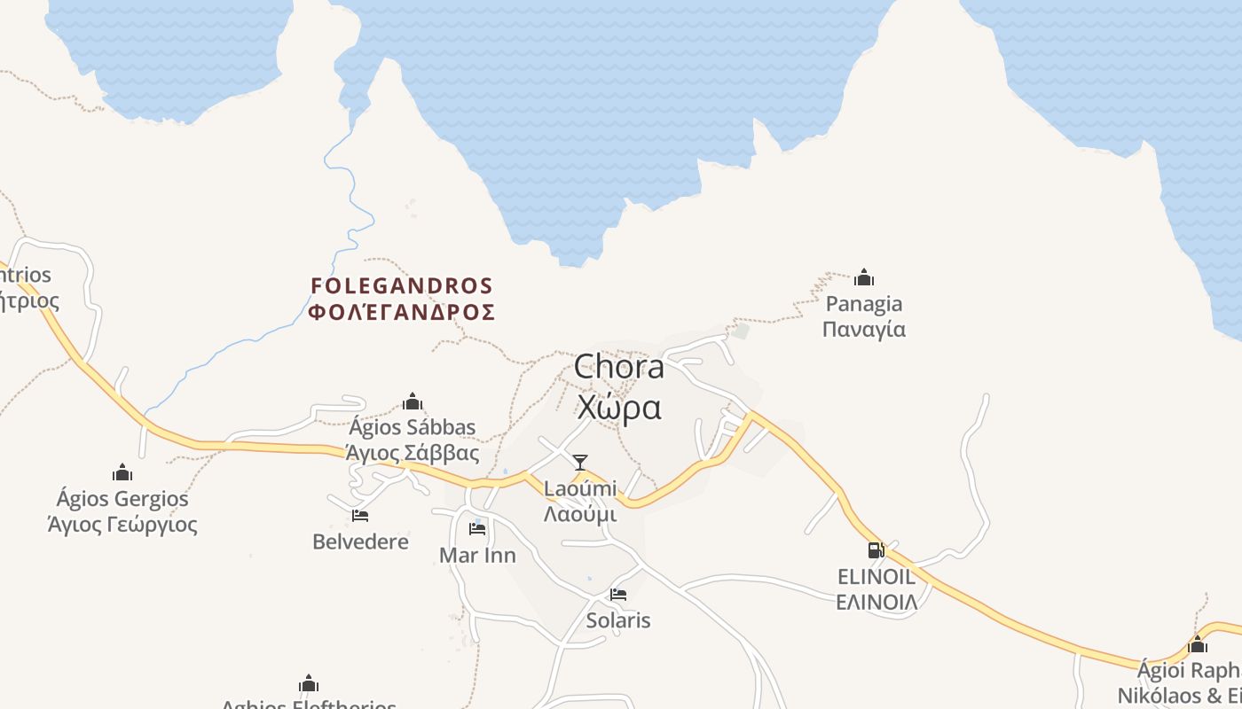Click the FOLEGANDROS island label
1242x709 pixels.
401,286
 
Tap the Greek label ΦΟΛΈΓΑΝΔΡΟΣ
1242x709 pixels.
401,313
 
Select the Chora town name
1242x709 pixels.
618,367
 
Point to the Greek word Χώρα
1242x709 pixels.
618,408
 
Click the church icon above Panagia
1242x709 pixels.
864,278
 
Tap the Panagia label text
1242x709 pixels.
864,304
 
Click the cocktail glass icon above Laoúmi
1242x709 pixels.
580,462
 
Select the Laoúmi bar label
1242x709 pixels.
580,488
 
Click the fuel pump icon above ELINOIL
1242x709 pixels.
876,550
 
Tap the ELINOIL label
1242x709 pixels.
876,577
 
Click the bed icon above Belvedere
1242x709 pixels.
360,515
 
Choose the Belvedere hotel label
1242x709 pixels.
360,541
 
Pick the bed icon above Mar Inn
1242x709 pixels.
477,529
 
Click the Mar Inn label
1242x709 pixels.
477,556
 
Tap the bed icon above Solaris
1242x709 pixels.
618,594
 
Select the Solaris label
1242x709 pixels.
618,620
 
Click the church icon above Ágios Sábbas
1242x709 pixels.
413,401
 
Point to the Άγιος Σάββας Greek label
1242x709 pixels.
413,454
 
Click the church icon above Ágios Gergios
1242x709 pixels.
122,472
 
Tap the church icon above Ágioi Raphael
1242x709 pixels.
1198,644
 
